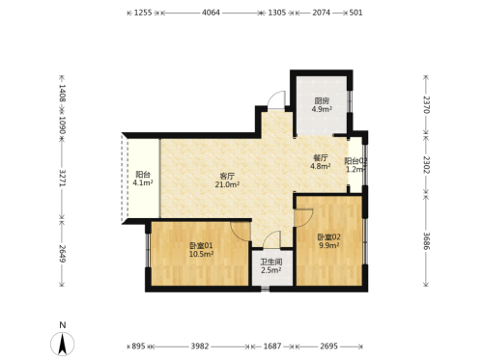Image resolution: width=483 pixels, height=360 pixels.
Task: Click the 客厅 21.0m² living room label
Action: pyautogui.click(x=227, y=180)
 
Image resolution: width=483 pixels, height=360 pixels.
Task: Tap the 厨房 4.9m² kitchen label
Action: pyautogui.click(x=322, y=105)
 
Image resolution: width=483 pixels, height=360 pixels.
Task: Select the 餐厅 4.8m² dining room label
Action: pyautogui.click(x=321, y=162)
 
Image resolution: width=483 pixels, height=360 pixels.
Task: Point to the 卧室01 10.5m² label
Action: pyautogui.click(x=201, y=250)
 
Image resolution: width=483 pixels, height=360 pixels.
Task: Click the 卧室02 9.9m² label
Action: pyautogui.click(x=328, y=241)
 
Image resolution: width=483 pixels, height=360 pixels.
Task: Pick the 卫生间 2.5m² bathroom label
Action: pyautogui.click(x=271, y=266)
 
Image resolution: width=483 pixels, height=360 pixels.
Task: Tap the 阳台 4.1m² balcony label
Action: pyautogui.click(x=143, y=179)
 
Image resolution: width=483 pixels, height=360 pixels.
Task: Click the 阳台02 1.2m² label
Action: pyautogui.click(x=355, y=165)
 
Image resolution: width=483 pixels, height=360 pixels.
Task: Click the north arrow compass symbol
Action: pyautogui.click(x=62, y=344)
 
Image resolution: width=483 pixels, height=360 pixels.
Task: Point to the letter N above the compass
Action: pyautogui.click(x=63, y=325)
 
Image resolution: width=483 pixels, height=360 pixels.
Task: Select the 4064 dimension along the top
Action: pyautogui.click(x=211, y=13)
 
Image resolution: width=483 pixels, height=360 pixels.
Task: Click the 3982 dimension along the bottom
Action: pyautogui.click(x=200, y=346)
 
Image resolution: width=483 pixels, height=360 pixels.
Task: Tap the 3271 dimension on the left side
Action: pyautogui.click(x=62, y=178)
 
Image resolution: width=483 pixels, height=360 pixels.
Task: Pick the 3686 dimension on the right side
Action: pyautogui.click(x=426, y=241)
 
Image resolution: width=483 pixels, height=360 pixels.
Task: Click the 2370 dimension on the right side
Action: pyautogui.click(x=426, y=104)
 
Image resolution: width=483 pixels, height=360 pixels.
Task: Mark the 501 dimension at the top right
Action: pyautogui.click(x=355, y=13)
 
